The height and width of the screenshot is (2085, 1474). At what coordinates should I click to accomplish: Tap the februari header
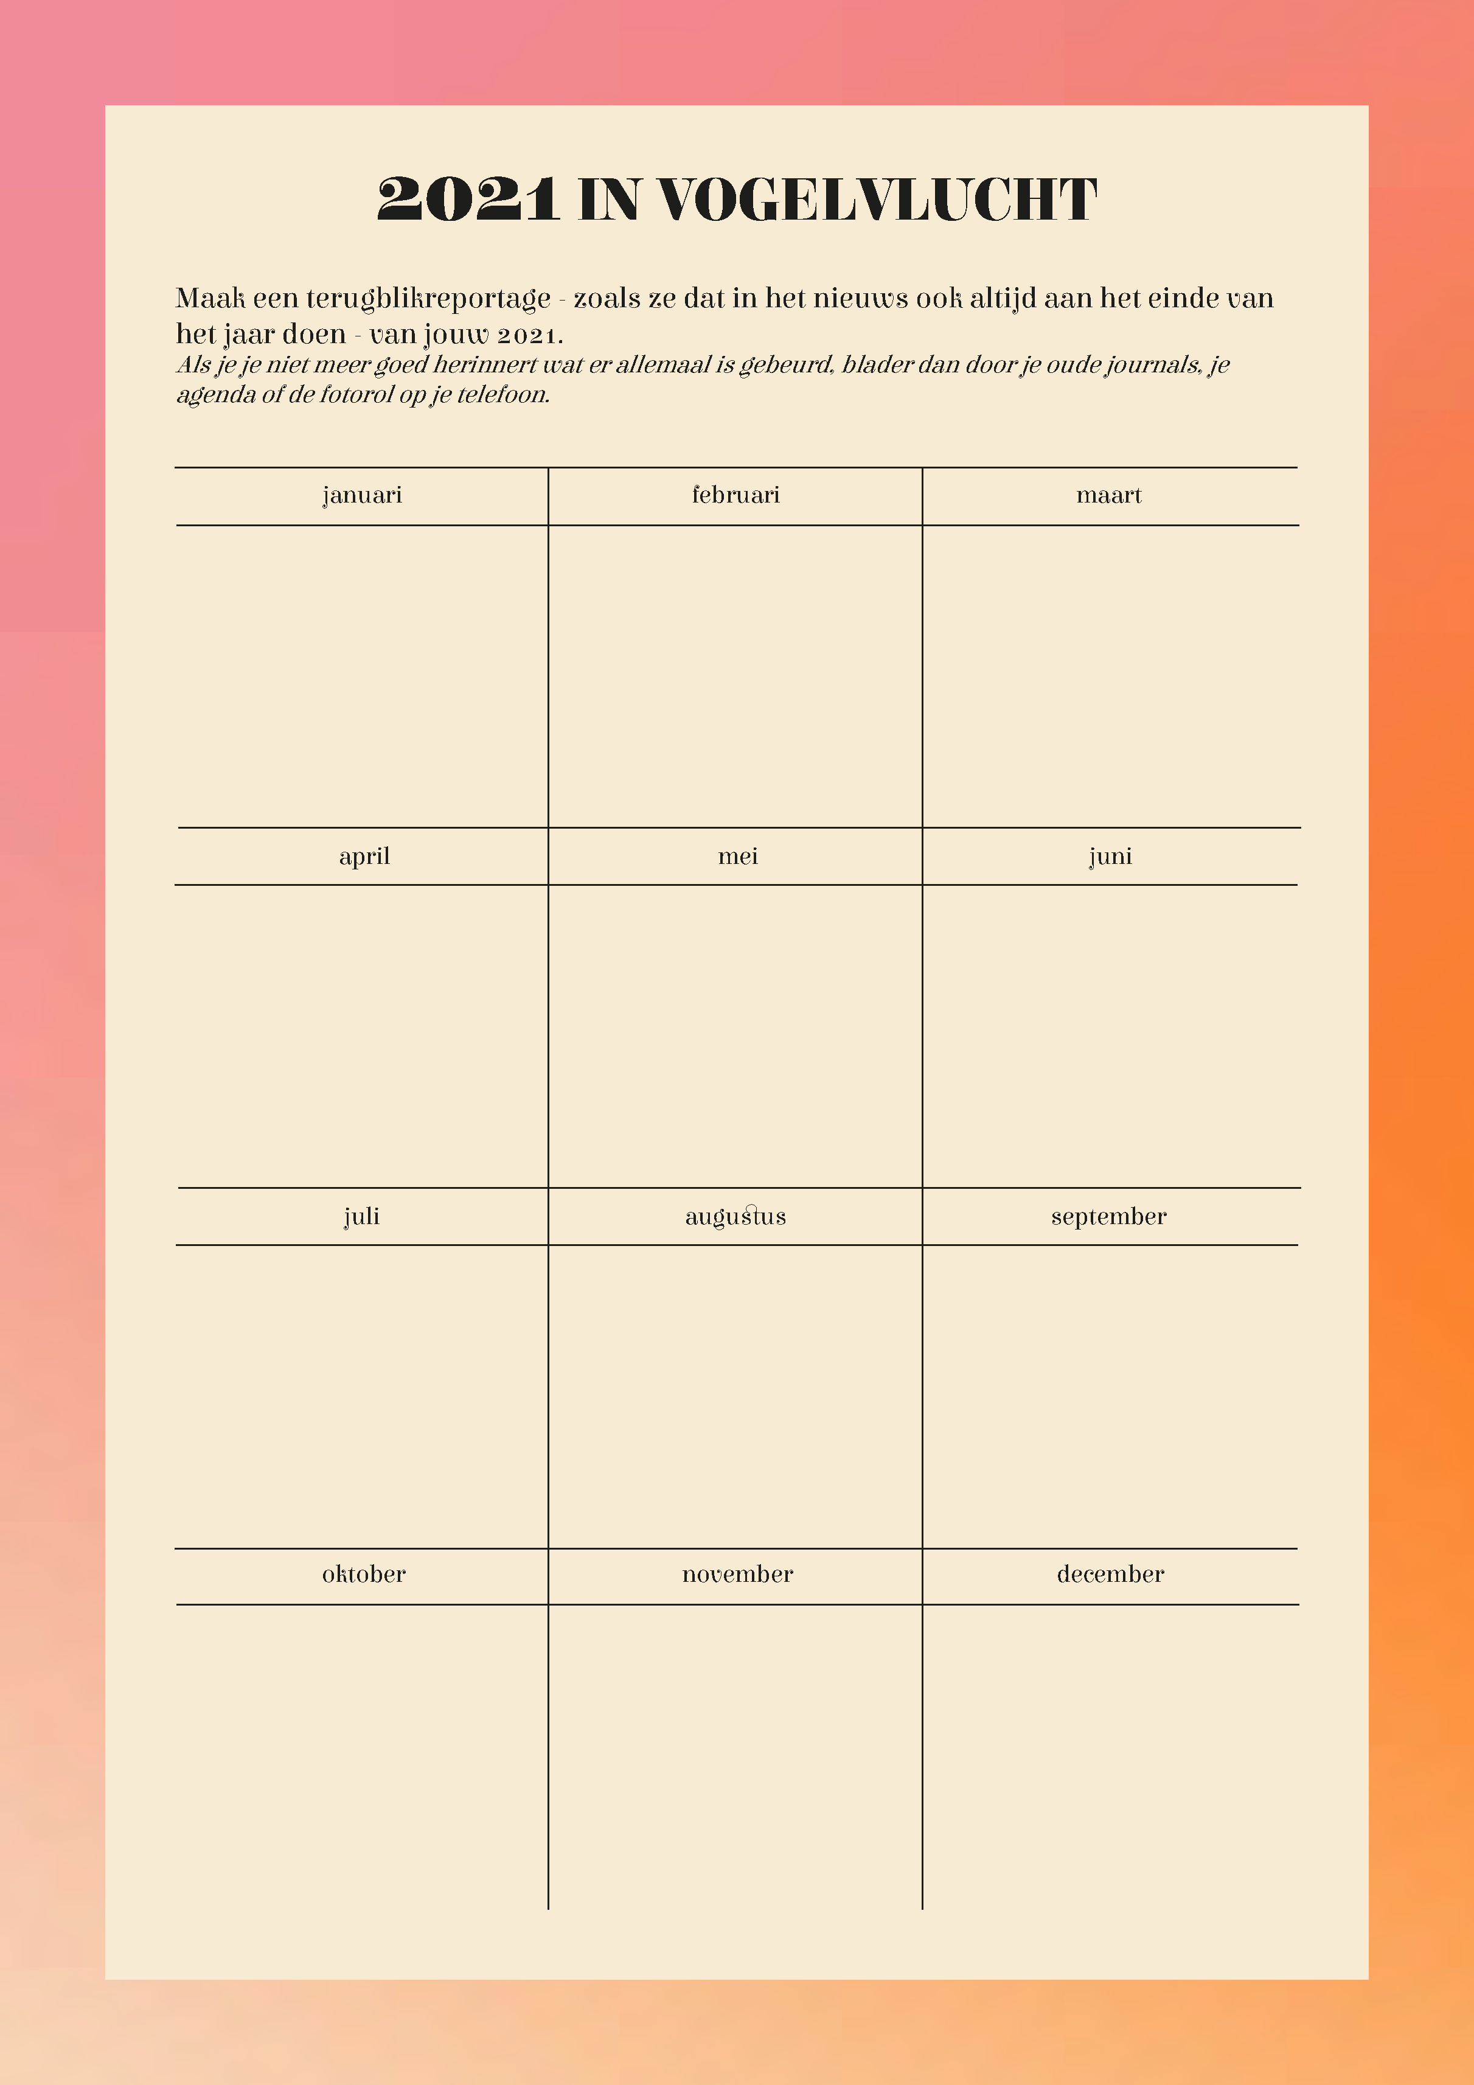(x=735, y=495)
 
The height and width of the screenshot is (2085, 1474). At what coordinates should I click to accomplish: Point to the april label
(x=364, y=857)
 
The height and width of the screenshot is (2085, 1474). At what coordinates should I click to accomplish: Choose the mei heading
(x=737, y=857)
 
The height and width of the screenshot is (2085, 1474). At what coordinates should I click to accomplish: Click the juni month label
(x=1110, y=857)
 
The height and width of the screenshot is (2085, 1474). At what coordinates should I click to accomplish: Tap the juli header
(x=361, y=1217)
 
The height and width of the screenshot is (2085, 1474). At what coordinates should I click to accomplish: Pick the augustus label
(x=735, y=1217)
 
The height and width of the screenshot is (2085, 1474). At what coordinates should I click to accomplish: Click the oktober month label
(x=363, y=1575)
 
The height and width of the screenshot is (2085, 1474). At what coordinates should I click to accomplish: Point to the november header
(x=737, y=1575)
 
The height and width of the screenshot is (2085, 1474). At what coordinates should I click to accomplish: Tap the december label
(x=1110, y=1575)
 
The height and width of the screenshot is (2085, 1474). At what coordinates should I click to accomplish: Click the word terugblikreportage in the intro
(x=428, y=299)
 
